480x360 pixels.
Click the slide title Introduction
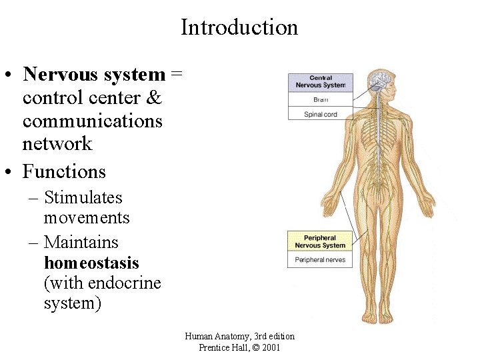pos(239,27)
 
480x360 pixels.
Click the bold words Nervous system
pos(93,75)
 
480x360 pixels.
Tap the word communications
pos(93,121)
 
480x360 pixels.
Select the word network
pos(57,143)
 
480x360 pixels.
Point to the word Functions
pos(64,172)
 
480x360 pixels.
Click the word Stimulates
pos(83,198)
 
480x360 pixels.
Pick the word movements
pos(87,218)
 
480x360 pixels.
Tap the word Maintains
pos(81,243)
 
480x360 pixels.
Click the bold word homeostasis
pos(91,263)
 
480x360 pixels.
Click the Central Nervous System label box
pos(320,82)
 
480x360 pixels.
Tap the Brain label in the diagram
pos(320,99)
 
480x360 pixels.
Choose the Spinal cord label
pos(320,114)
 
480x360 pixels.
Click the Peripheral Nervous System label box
pos(320,241)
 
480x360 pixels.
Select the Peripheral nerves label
pos(320,259)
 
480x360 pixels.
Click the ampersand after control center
pos(153,98)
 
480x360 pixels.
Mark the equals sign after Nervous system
pos(176,75)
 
